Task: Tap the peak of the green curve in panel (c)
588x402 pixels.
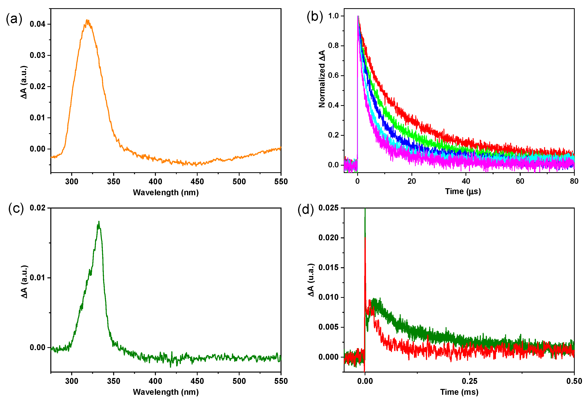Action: [x=99, y=222]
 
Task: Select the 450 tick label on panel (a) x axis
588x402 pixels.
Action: [x=197, y=181]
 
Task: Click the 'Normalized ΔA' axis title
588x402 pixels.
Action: [x=322, y=79]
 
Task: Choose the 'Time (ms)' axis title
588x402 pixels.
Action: [x=459, y=392]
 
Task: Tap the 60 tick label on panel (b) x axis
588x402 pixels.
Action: [x=520, y=181]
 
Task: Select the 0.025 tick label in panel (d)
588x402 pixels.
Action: [x=328, y=208]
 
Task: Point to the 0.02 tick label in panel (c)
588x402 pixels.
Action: [x=37, y=208]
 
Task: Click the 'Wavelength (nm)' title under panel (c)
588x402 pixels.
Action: [x=166, y=392]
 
